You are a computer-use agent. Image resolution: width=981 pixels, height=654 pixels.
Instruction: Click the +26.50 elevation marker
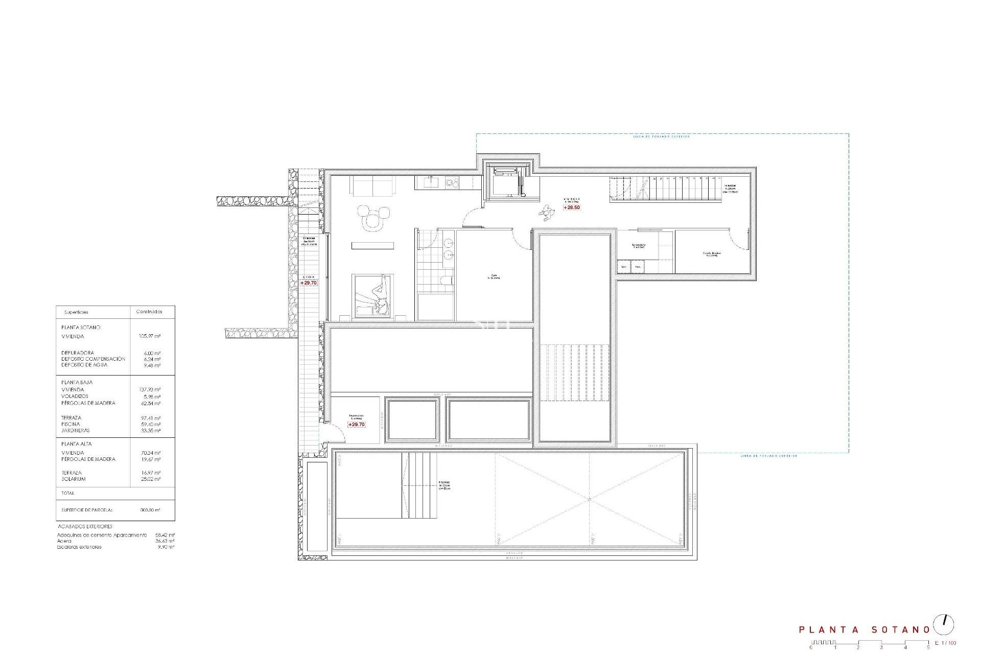tap(572, 207)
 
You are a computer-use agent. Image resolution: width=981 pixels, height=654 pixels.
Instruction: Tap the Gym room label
tap(493, 276)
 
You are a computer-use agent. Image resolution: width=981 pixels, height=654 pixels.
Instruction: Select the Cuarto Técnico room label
tap(710, 254)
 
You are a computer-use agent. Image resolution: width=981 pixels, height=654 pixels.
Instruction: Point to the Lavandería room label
tap(639, 245)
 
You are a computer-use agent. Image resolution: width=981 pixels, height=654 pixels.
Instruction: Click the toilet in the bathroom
tap(447, 280)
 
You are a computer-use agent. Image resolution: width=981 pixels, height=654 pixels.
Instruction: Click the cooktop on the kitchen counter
tap(452, 181)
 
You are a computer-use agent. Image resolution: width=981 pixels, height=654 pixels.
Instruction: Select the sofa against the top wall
tap(372, 185)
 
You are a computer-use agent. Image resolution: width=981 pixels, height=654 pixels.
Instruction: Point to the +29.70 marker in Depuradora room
tap(357, 425)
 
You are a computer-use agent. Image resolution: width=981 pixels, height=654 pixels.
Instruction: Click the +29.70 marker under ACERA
tap(309, 283)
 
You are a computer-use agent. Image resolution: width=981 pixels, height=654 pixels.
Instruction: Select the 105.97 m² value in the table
tap(150, 336)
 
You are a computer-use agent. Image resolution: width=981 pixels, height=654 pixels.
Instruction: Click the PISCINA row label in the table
tap(71, 424)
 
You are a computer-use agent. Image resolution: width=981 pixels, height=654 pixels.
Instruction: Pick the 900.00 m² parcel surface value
tap(150, 510)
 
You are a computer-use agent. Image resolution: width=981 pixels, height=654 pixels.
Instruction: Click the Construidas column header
tap(149, 312)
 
